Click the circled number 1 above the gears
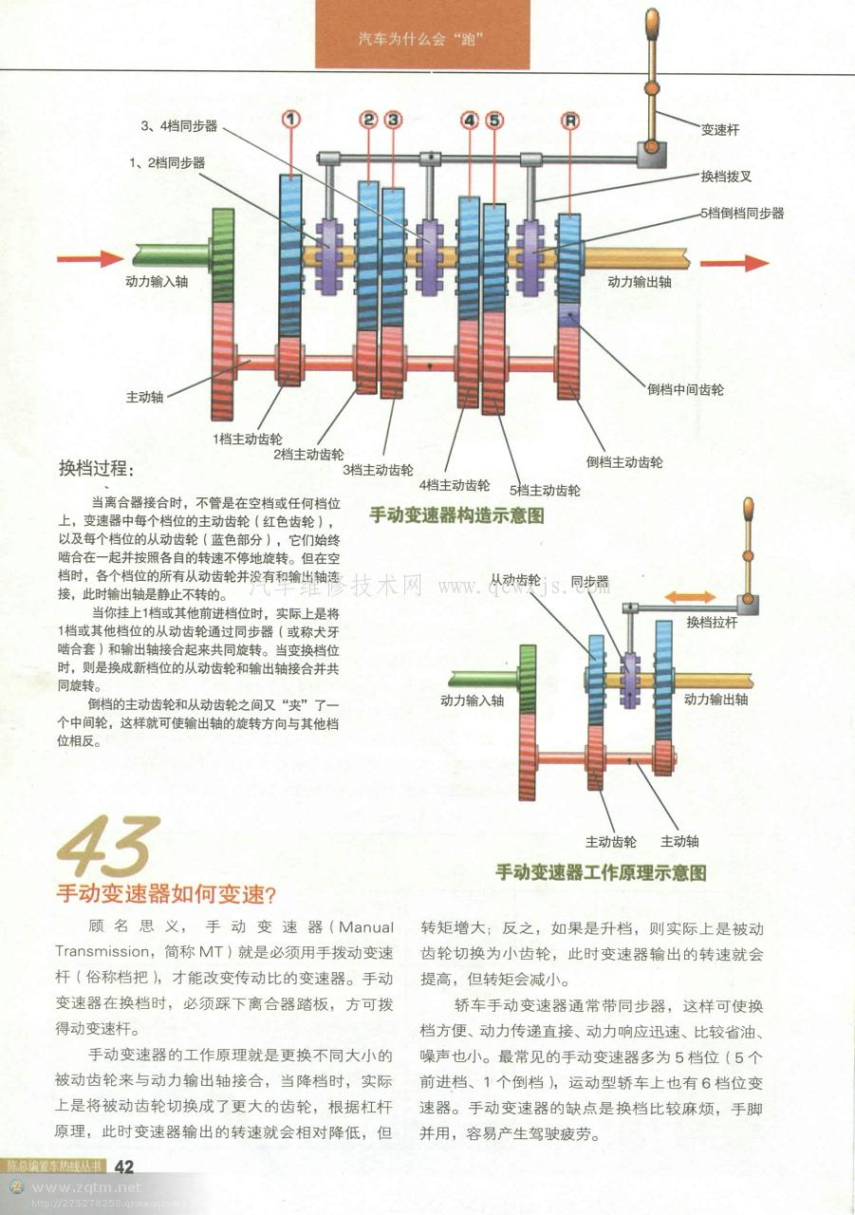[291, 119]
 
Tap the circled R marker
[569, 121]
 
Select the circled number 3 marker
[393, 120]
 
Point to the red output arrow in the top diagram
[734, 263]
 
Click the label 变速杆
[720, 130]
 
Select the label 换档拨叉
[726, 177]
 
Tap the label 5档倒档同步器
[742, 214]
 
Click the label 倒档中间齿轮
[685, 389]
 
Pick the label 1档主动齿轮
[247, 439]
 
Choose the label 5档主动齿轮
[545, 491]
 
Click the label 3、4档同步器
[179, 126]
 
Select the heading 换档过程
[96, 468]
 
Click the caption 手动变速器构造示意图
[456, 515]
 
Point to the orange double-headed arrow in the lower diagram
[690, 598]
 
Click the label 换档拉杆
[712, 622]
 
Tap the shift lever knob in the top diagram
[652, 23]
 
